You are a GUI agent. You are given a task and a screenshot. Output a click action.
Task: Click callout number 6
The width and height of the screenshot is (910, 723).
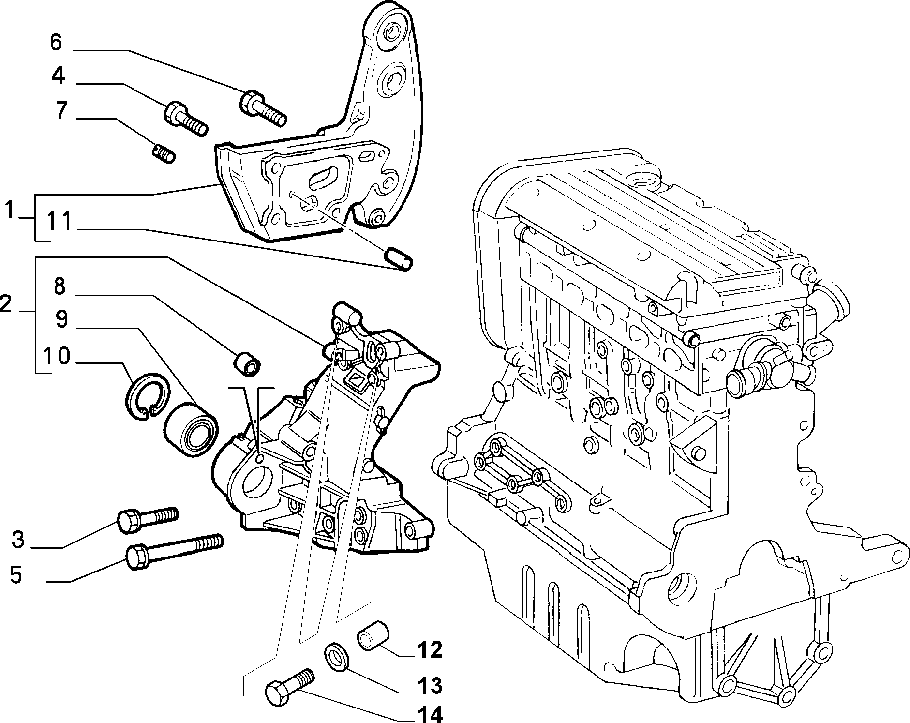pos(56,42)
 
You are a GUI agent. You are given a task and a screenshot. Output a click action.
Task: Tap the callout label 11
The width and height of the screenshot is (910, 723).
pos(60,222)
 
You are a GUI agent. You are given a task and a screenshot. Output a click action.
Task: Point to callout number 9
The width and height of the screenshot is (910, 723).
pos(61,320)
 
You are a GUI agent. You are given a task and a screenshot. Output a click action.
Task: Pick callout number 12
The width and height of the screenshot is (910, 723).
pos(429,649)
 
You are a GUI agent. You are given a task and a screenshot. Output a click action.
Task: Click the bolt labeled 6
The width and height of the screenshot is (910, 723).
pos(263,107)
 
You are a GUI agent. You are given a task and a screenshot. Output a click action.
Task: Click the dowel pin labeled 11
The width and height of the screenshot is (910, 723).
pos(398,259)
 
